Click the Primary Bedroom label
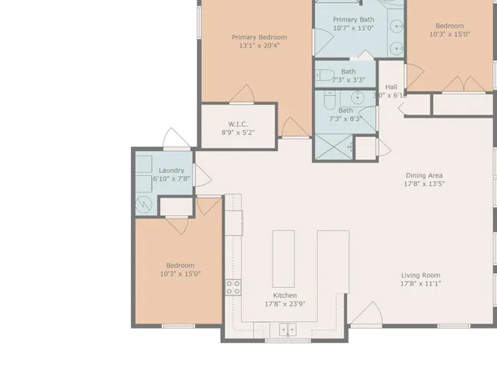click(x=259, y=37)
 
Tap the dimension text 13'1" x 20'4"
click(x=259, y=46)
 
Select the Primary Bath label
click(x=353, y=19)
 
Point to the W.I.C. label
click(x=238, y=123)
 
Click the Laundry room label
click(x=171, y=169)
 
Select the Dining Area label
click(x=424, y=175)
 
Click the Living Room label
click(x=419, y=275)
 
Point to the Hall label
click(x=390, y=87)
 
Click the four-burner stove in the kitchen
click(x=233, y=288)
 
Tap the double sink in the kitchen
click(x=288, y=329)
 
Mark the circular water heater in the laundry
click(x=144, y=204)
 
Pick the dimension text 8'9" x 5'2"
click(x=238, y=132)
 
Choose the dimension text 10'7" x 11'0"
click(x=353, y=28)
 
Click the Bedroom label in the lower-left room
click(x=179, y=265)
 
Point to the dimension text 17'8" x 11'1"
click(x=419, y=284)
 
